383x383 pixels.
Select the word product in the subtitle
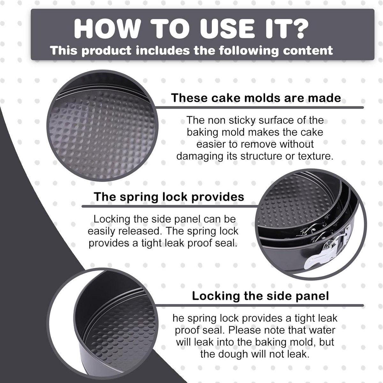[107, 50]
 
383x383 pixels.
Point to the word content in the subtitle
[308, 50]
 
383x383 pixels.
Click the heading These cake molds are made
[256, 98]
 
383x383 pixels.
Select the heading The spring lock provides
[169, 197]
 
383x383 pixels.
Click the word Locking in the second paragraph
[112, 219]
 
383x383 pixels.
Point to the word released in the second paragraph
[140, 231]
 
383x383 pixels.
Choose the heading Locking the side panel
[260, 296]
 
